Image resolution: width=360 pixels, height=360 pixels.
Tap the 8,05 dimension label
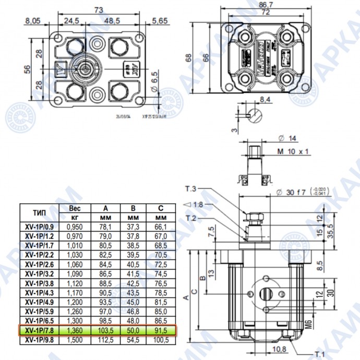pyautogui.click(x=32, y=21)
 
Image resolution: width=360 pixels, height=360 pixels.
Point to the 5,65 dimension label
pyautogui.click(x=159, y=21)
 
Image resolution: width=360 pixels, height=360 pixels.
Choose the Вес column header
pyautogui.click(x=75, y=208)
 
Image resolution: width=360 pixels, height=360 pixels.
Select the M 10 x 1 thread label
pyautogui.click(x=292, y=151)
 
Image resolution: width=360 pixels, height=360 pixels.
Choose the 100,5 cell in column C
pyautogui.click(x=161, y=340)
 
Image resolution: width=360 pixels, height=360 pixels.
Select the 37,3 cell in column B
pyautogui.click(x=133, y=227)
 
